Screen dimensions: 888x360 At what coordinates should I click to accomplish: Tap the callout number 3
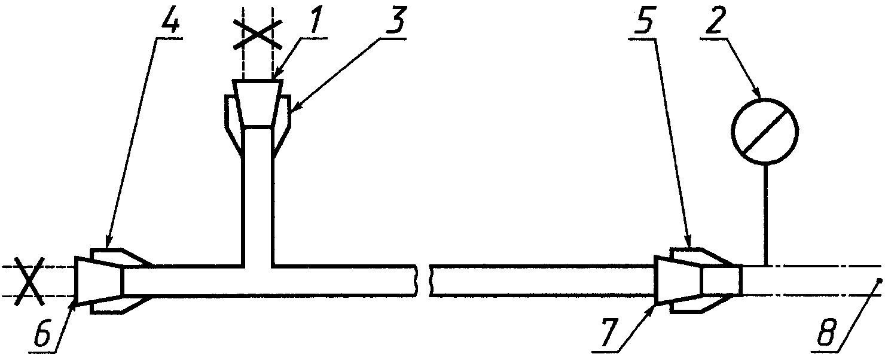391,22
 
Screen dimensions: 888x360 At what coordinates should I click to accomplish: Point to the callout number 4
169,23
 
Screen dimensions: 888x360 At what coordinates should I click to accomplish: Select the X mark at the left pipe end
28,281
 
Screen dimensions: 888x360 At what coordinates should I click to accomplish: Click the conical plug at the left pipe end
99,280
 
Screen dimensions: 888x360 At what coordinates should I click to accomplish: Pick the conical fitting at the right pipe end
679,280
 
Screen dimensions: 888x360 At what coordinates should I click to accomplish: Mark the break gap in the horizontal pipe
423,280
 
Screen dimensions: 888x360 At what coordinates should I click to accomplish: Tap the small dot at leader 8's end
878,280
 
